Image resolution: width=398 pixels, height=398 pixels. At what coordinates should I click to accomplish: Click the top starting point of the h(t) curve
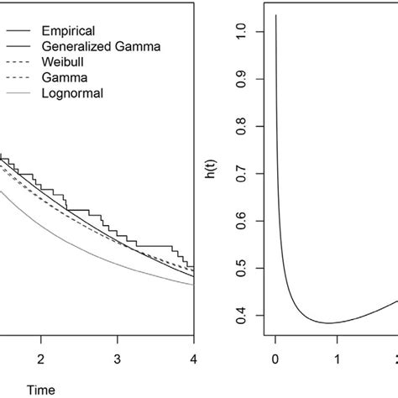pos(275,16)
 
